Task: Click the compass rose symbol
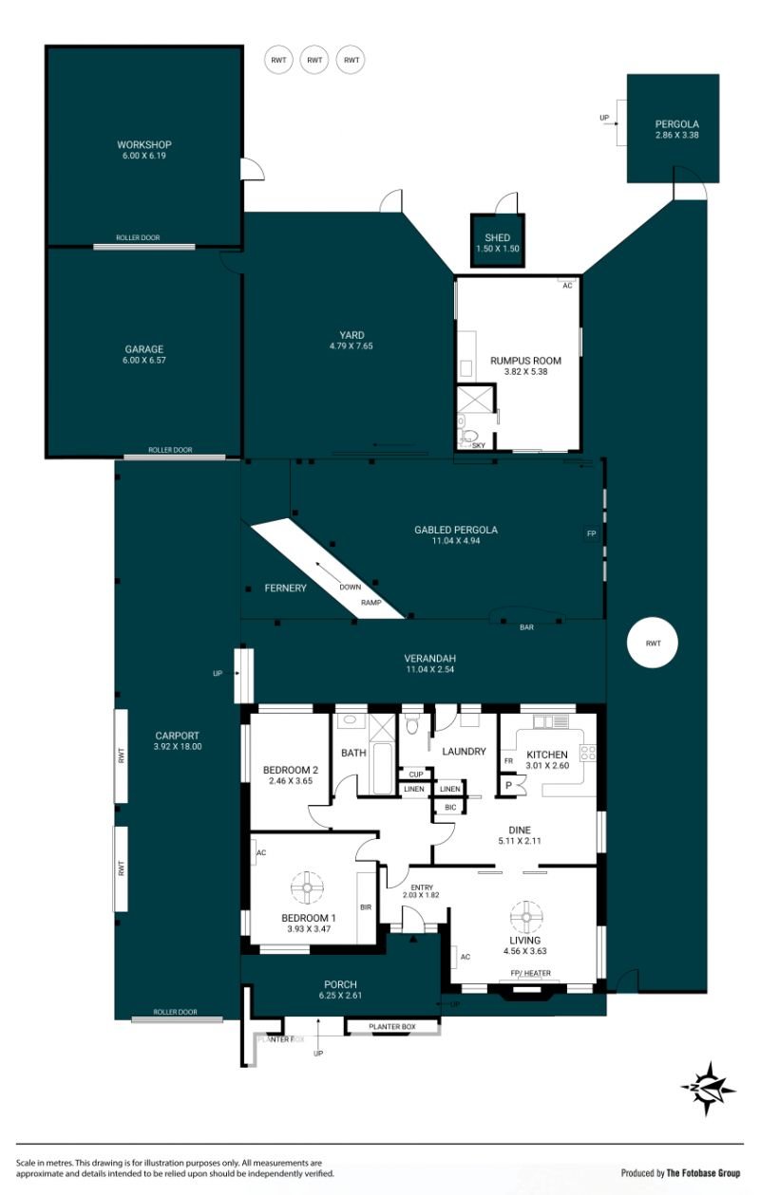(709, 1089)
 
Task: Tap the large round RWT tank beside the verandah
(652, 643)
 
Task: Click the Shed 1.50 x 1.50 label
(497, 243)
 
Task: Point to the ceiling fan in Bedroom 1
(308, 887)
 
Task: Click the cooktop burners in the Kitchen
(588, 753)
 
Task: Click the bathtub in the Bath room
(382, 769)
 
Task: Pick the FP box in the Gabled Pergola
(591, 533)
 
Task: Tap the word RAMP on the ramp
(371, 603)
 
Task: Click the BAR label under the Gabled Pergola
(526, 627)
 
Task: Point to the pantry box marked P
(509, 785)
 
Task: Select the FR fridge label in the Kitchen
(508, 760)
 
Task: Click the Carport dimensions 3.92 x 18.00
(178, 746)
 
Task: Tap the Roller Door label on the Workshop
(138, 237)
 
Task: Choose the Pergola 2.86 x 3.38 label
(676, 130)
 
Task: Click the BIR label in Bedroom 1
(366, 906)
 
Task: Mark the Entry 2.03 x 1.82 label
(422, 891)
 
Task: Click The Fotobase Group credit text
(703, 1172)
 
